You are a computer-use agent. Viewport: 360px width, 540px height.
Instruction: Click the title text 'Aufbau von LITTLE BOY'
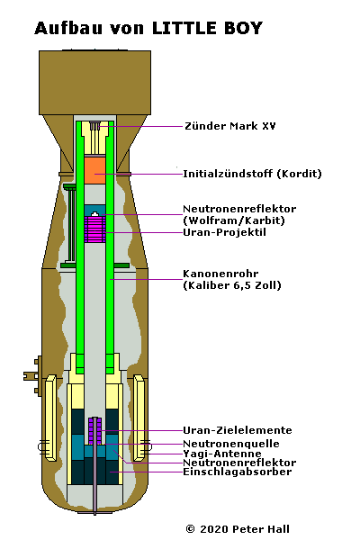click(148, 28)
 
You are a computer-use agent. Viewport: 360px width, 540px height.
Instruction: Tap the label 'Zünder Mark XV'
click(230, 126)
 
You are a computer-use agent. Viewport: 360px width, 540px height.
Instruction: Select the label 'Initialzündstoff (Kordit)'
click(252, 173)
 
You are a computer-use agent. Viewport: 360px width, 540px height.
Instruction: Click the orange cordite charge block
click(95, 170)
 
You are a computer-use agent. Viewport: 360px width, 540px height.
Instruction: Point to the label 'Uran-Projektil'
click(224, 232)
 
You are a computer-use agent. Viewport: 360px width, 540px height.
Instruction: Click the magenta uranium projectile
click(95, 228)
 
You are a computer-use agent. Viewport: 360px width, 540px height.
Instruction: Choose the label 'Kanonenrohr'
click(220, 274)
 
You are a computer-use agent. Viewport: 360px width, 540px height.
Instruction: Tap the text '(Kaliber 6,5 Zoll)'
click(232, 285)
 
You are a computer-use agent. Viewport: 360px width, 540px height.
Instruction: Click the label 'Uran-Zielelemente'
click(238, 430)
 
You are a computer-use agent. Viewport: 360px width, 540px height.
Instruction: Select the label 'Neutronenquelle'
click(231, 444)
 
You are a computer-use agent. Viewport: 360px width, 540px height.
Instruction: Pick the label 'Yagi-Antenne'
click(222, 454)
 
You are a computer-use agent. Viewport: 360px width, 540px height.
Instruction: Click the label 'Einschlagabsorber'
click(238, 472)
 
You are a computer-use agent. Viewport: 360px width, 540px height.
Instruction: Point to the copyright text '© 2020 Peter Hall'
click(238, 529)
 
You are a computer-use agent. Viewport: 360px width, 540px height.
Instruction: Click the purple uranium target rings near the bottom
click(95, 430)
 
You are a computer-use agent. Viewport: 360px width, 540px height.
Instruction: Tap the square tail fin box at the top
click(94, 83)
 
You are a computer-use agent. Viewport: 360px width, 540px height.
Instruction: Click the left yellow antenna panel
click(50, 418)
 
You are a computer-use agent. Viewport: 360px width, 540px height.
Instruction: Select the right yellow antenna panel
click(139, 418)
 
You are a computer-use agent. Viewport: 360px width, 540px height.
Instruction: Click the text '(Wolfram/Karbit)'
click(234, 220)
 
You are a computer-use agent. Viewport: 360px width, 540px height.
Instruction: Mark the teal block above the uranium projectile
click(95, 211)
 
